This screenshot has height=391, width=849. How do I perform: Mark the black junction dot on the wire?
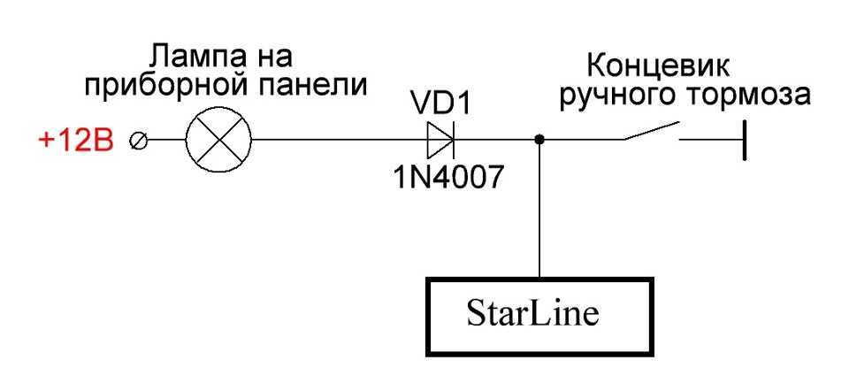tap(539, 140)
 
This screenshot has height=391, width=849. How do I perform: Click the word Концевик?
tap(655, 66)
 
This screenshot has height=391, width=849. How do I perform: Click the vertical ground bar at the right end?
tap(744, 140)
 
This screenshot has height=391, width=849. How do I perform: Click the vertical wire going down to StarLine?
tap(539, 212)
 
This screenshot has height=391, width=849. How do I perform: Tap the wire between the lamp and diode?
tap(336, 140)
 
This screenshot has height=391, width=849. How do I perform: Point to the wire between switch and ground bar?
tap(712, 140)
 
